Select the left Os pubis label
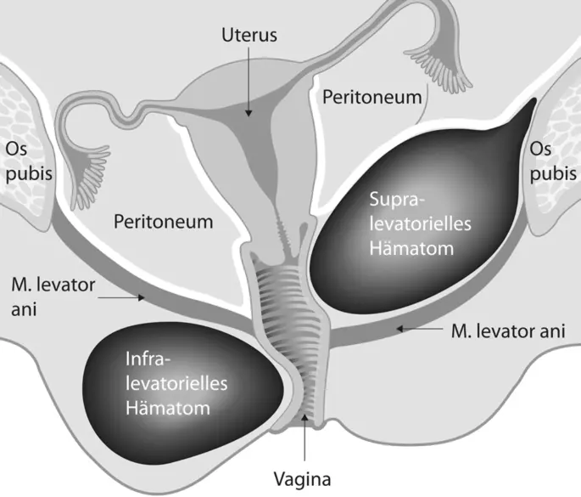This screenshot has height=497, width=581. (x=29, y=161)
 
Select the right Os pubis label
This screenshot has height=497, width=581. (x=551, y=161)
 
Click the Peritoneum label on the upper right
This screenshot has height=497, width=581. (x=372, y=96)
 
